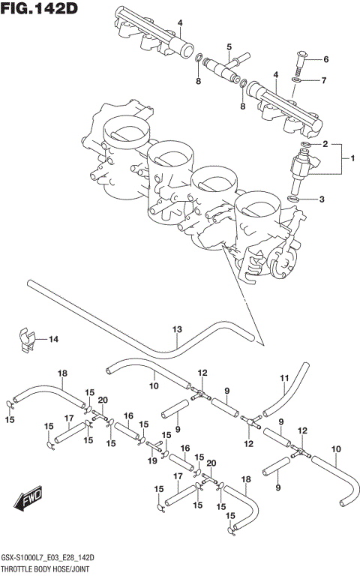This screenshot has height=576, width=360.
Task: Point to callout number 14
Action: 53,340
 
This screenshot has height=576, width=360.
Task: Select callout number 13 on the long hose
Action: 177,328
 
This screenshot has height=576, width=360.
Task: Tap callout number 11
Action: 284,377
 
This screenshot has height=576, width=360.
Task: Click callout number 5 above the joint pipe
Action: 229,47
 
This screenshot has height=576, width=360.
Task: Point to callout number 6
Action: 325,59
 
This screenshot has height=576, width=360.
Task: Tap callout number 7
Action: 324,79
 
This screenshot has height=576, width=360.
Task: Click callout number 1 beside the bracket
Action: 346,158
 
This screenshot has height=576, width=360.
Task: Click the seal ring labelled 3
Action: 294,198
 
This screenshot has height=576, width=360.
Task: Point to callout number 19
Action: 152,461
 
